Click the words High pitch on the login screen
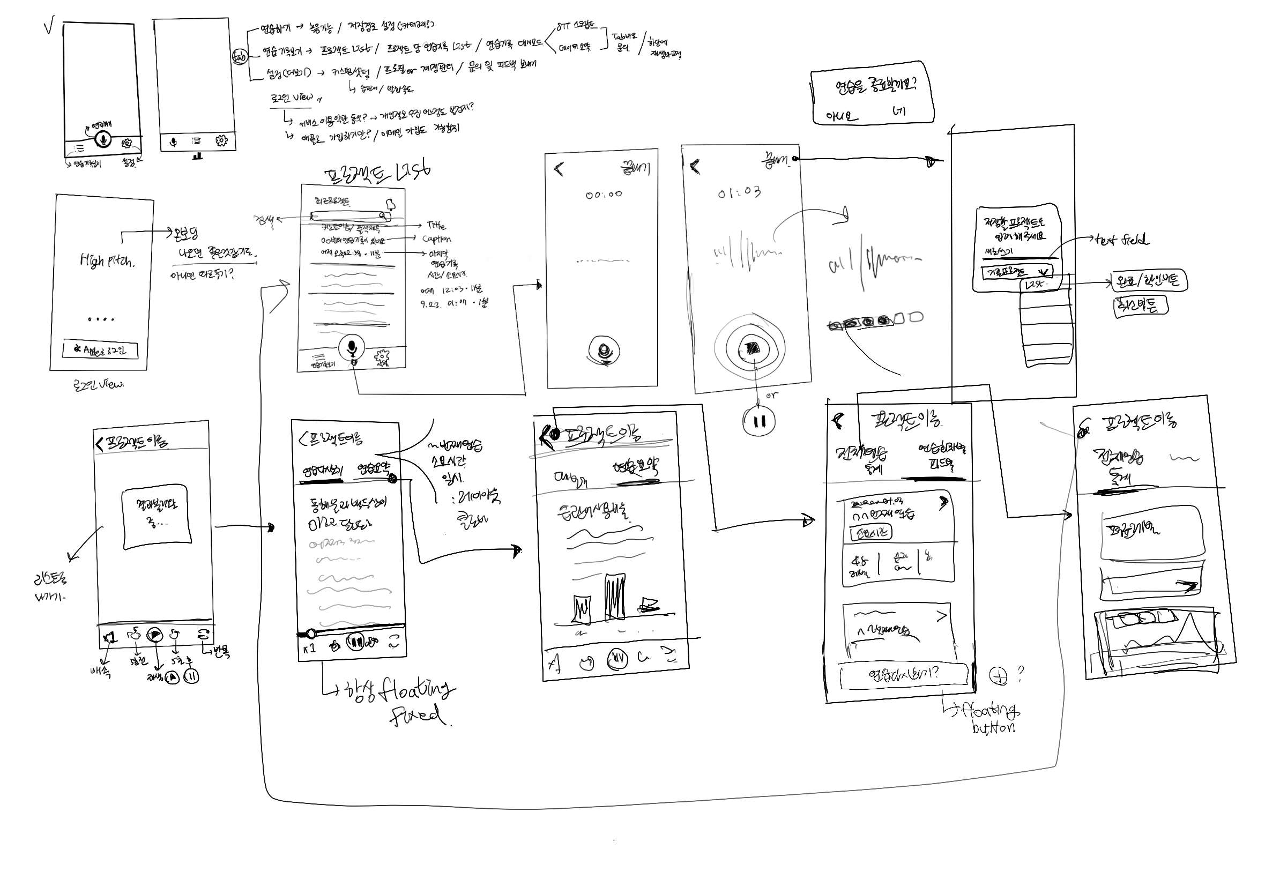[x=106, y=260]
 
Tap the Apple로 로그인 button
[x=100, y=351]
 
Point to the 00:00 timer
[x=603, y=195]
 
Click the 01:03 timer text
[x=739, y=192]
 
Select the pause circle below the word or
[x=759, y=421]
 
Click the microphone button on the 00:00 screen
[x=604, y=351]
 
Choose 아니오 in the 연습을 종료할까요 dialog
[x=841, y=116]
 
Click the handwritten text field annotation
[x=1122, y=240]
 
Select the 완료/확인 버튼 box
[x=1149, y=282]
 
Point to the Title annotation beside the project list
[x=436, y=225]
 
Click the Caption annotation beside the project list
[x=436, y=239]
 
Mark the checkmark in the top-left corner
[x=49, y=26]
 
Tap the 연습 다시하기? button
[x=903, y=675]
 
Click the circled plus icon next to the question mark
[x=998, y=675]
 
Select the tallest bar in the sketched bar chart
[x=615, y=598]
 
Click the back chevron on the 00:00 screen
[x=559, y=168]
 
